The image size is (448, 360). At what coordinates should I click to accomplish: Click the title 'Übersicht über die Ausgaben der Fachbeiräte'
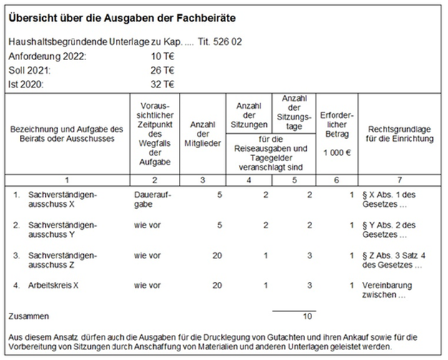(x=122, y=19)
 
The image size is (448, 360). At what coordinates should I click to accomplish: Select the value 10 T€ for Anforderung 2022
(x=162, y=57)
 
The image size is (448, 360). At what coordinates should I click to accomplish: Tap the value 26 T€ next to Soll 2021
(x=162, y=70)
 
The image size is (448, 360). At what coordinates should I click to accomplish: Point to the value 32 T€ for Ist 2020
(x=162, y=84)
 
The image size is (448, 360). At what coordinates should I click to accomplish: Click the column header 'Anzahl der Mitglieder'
(x=203, y=134)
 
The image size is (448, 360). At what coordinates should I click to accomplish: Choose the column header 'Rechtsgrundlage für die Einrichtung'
(x=399, y=134)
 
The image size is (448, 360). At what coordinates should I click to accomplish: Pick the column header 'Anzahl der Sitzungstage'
(x=294, y=112)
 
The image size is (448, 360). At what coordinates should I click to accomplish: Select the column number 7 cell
(x=399, y=180)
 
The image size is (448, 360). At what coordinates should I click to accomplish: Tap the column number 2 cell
(x=155, y=180)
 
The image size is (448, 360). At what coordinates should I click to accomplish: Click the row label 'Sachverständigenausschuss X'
(x=62, y=200)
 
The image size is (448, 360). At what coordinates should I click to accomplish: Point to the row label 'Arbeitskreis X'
(x=53, y=286)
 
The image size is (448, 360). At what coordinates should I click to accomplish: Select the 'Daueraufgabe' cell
(x=152, y=200)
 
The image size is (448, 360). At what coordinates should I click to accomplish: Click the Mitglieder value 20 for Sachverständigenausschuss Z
(x=217, y=256)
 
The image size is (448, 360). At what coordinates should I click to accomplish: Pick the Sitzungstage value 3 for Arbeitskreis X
(x=309, y=286)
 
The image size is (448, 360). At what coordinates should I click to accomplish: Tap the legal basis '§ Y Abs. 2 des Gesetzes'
(x=389, y=230)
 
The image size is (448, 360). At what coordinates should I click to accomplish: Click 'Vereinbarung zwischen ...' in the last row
(x=387, y=290)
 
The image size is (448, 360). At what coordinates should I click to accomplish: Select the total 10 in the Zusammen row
(x=308, y=316)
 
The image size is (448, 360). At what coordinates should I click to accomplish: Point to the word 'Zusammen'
(x=29, y=316)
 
